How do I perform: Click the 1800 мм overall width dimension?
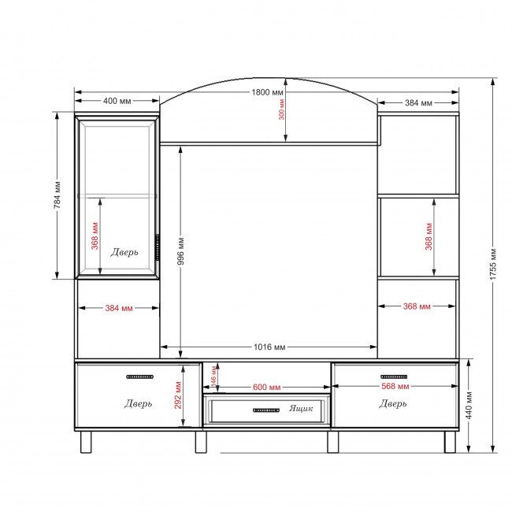tap(267, 92)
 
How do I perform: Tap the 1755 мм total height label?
tap(493, 264)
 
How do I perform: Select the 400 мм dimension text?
tap(117, 101)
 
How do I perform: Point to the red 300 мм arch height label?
tap(281, 109)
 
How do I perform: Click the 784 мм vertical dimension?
tap(58, 195)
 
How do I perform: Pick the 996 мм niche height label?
tap(181, 251)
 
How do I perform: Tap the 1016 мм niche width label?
tap(269, 347)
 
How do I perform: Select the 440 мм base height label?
tap(469, 405)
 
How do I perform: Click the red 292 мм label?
tap(178, 395)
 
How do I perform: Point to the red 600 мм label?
tap(267, 387)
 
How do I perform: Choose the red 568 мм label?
tap(395, 386)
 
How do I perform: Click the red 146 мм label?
tap(213, 376)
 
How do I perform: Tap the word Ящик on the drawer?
tap(301, 408)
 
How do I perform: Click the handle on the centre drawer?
tap(266, 410)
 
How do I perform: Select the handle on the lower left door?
tap(139, 377)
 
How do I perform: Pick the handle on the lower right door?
tap(394, 377)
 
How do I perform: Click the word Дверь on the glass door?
tap(124, 252)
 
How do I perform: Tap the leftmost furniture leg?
tap(86, 442)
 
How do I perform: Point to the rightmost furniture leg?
tap(450, 442)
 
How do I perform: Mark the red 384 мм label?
tap(119, 308)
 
